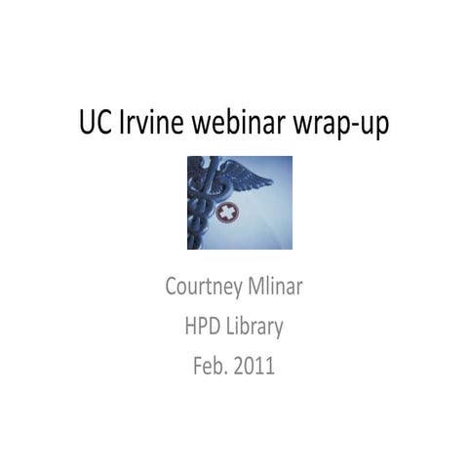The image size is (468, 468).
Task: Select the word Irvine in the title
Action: tap(147, 126)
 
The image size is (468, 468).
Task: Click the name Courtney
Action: tap(202, 290)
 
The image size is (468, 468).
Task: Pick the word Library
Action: tap(255, 328)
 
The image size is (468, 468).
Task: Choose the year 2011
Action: tap(260, 366)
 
